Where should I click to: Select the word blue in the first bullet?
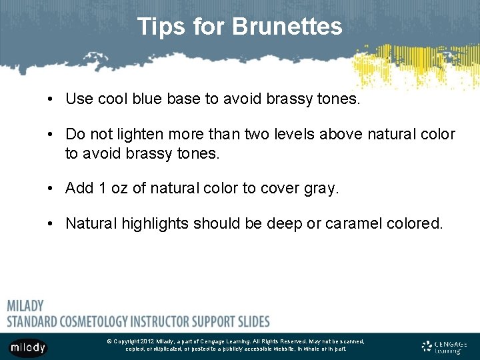point(153,99)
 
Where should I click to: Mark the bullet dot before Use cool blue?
point(51,100)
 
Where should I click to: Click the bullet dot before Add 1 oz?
point(51,189)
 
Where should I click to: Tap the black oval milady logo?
point(27,347)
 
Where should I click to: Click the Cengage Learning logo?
point(445,346)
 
